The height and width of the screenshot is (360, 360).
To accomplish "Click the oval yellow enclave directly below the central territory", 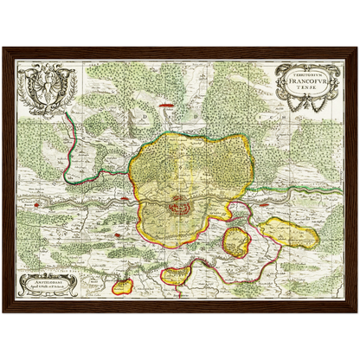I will point(177,276).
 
